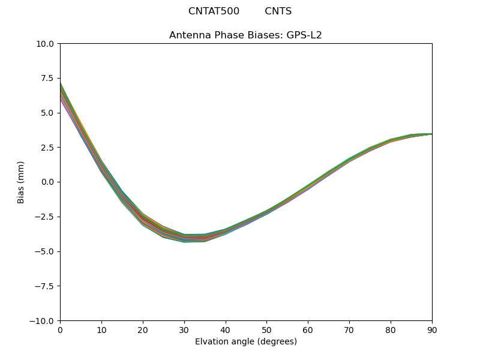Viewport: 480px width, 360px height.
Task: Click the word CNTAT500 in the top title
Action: pyautogui.click(x=214, y=11)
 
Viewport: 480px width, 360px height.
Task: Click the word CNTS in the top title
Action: pyautogui.click(x=278, y=11)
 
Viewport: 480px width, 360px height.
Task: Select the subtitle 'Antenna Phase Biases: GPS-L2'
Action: pyautogui.click(x=245, y=35)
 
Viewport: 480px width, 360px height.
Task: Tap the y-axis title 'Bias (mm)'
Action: pyautogui.click(x=21, y=182)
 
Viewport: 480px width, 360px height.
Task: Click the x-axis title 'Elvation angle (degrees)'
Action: pyautogui.click(x=245, y=342)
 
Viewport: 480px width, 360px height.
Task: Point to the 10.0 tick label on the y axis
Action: pyautogui.click(x=46, y=44)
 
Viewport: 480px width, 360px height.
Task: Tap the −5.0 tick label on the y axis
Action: pyautogui.click(x=46, y=251)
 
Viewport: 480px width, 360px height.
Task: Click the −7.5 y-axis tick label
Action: pyautogui.click(x=46, y=286)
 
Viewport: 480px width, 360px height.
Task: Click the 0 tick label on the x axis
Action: pyautogui.click(x=60, y=329)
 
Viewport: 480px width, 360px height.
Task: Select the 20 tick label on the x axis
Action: pyautogui.click(x=143, y=329)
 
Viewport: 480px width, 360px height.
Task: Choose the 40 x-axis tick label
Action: pyautogui.click(x=226, y=329)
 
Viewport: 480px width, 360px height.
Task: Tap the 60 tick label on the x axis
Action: pyautogui.click(x=308, y=329)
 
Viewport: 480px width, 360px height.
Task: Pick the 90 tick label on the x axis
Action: pyautogui.click(x=432, y=329)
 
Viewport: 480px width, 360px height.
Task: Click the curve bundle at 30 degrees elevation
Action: pyautogui.click(x=184, y=238)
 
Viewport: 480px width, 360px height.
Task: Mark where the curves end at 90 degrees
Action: pyautogui.click(x=431, y=134)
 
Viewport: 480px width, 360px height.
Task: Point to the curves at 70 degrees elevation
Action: pyautogui.click(x=349, y=160)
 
